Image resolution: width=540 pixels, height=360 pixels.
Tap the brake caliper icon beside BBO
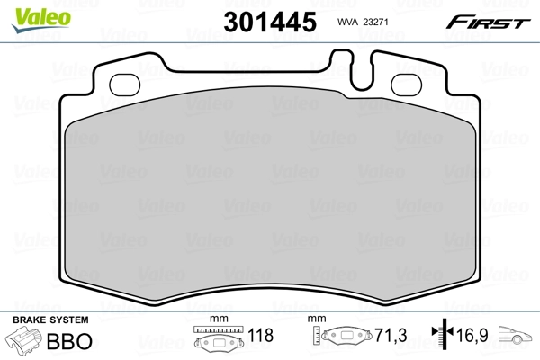(25, 340)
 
